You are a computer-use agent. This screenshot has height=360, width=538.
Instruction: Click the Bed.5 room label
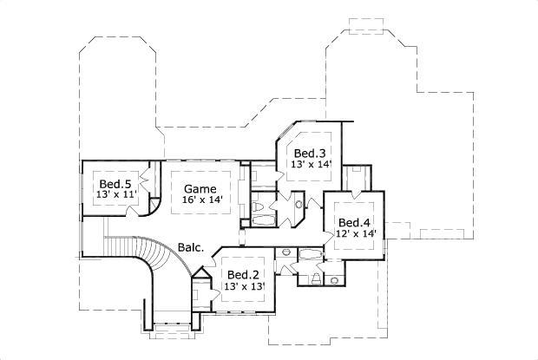[115, 184]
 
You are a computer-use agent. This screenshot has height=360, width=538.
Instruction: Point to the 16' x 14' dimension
[202, 200]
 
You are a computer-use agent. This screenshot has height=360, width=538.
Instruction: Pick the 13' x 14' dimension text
[311, 164]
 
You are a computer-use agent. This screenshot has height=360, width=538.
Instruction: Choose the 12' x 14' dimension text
[357, 232]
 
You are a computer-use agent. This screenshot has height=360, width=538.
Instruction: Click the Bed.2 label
[242, 274]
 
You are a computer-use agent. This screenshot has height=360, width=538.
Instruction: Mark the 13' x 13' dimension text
[244, 286]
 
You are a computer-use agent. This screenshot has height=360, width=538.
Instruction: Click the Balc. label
[191, 247]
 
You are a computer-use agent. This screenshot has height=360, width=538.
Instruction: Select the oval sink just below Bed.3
[299, 205]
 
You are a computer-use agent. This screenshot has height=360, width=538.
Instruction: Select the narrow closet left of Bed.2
[201, 291]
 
